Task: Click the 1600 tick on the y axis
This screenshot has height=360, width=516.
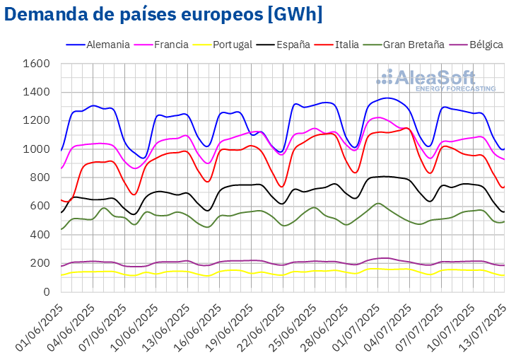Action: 37,64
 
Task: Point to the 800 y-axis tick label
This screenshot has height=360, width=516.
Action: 40,178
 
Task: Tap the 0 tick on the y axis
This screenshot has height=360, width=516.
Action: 45,291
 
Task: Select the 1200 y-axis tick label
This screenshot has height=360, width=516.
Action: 37,120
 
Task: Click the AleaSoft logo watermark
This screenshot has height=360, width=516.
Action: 435,79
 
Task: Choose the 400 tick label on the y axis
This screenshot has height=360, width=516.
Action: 40,235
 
